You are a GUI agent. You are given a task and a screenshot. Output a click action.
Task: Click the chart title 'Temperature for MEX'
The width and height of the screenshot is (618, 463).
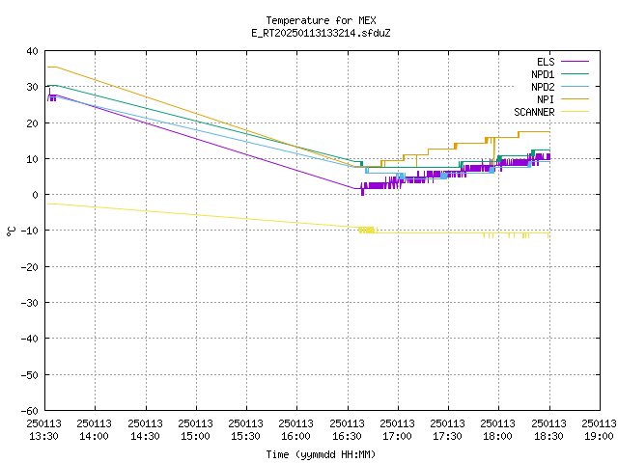coord(321,20)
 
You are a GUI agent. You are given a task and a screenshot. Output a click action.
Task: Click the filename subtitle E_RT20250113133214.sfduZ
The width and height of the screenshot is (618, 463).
coord(321,33)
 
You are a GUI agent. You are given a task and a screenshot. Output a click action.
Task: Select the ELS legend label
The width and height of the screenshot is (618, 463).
coord(546,62)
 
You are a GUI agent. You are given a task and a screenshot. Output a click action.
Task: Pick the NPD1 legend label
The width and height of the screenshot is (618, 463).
coord(543,74)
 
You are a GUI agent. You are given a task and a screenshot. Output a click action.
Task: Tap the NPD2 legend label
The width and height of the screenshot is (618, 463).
coord(543,87)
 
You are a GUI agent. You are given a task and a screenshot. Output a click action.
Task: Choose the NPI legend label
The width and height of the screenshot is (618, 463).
coord(546,99)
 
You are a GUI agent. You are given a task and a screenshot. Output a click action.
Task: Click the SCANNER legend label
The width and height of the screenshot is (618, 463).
coord(534,112)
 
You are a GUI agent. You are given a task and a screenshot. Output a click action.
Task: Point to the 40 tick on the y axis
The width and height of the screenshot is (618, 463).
coord(32,51)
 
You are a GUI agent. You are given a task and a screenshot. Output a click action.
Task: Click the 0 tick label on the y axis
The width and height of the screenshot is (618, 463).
coord(36,195)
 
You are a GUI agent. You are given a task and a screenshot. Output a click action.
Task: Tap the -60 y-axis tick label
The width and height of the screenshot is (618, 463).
coord(30,411)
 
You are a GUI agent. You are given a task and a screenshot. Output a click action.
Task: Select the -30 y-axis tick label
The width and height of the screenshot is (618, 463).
coord(30,303)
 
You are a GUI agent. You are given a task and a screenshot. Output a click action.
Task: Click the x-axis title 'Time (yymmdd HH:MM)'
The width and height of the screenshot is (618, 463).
coord(321,454)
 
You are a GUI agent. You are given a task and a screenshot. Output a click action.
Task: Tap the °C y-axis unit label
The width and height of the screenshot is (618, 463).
coord(11,231)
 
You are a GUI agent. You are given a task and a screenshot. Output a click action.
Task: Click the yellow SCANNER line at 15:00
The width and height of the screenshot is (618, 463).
coord(196,214)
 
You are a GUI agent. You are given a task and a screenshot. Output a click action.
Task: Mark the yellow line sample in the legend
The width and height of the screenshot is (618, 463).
coord(576,112)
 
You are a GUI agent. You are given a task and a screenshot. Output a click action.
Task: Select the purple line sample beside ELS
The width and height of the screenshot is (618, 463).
coord(576,62)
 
